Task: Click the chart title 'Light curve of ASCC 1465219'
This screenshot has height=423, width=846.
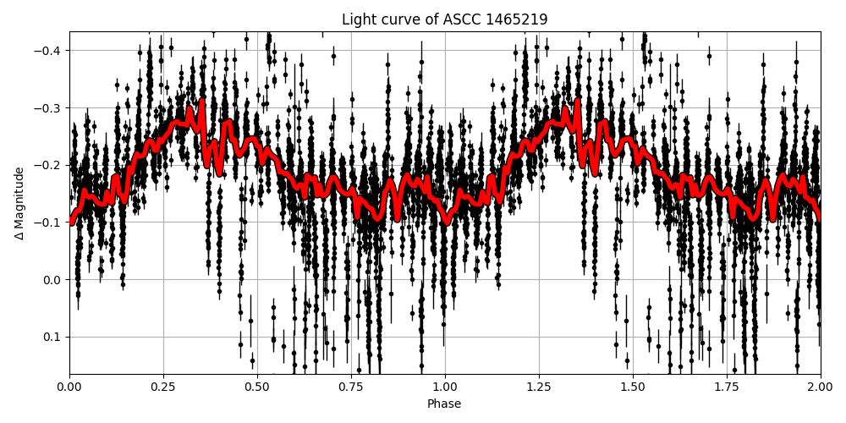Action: (x=444, y=19)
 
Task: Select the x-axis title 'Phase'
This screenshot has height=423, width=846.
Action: (x=444, y=404)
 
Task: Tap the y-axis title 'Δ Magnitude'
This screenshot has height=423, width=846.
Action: (x=19, y=203)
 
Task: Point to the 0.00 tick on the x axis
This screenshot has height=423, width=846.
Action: (x=69, y=387)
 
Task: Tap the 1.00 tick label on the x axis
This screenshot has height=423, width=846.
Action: (x=445, y=387)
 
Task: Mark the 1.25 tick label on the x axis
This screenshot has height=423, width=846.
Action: (x=539, y=387)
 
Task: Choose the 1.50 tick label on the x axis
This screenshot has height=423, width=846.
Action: (x=633, y=387)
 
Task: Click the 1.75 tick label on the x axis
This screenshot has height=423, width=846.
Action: (x=727, y=387)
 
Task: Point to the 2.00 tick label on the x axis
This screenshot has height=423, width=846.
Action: (x=820, y=387)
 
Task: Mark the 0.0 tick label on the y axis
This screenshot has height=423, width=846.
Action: (x=53, y=280)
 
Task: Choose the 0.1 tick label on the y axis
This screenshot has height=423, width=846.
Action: (x=53, y=337)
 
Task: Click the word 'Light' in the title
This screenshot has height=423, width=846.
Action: (x=358, y=19)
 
